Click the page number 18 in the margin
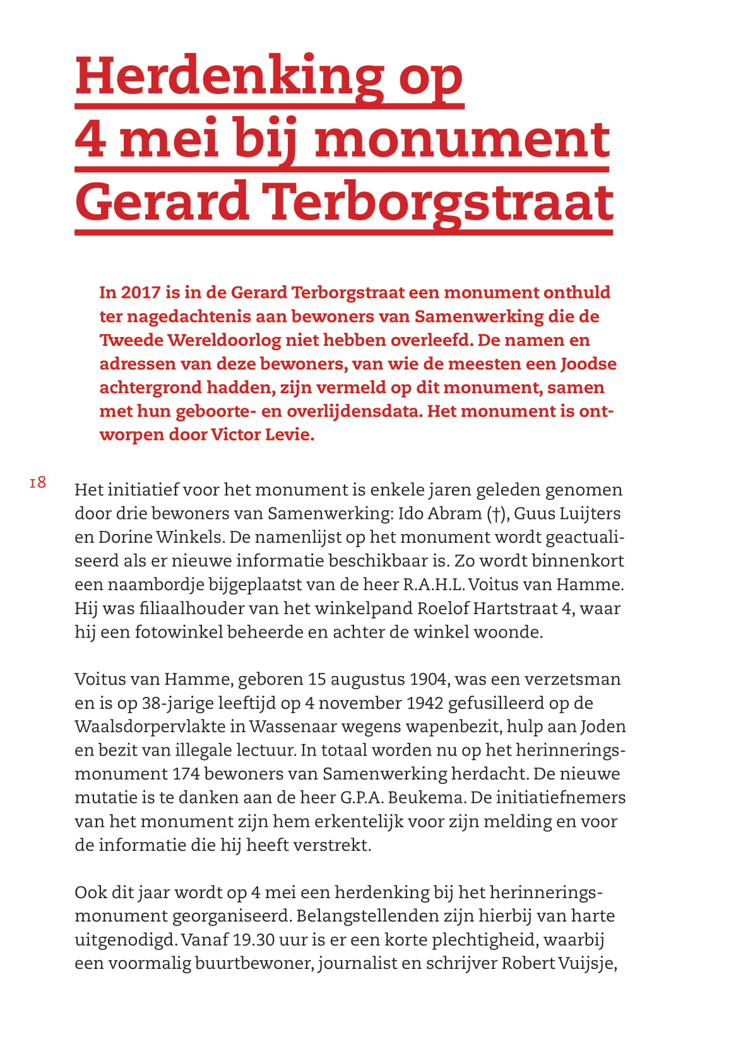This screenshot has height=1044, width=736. point(38,483)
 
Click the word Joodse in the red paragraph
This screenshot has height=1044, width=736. point(588,364)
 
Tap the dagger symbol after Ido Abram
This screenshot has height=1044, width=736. point(497,514)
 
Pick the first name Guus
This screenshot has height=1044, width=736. point(535,514)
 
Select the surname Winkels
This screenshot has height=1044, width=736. point(190,537)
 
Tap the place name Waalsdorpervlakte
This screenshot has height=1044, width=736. point(150,727)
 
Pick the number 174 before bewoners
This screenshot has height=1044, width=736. point(186,774)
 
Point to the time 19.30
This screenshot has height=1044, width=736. point(253,940)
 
